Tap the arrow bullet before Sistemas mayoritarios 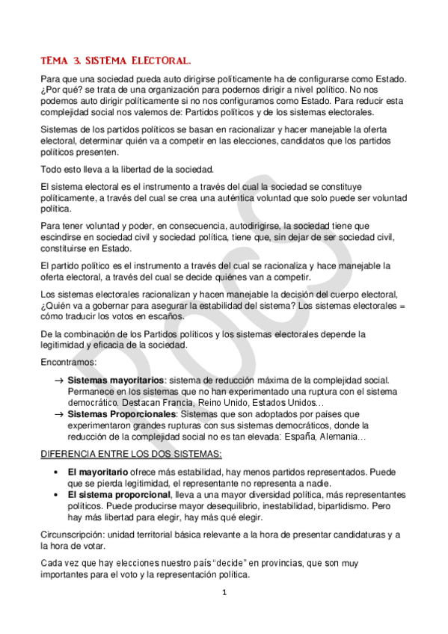click(x=58, y=381)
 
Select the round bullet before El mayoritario click(x=57, y=473)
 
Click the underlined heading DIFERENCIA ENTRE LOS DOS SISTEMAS click(x=131, y=455)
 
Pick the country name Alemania click(x=340, y=436)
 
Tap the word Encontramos click(x=68, y=362)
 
